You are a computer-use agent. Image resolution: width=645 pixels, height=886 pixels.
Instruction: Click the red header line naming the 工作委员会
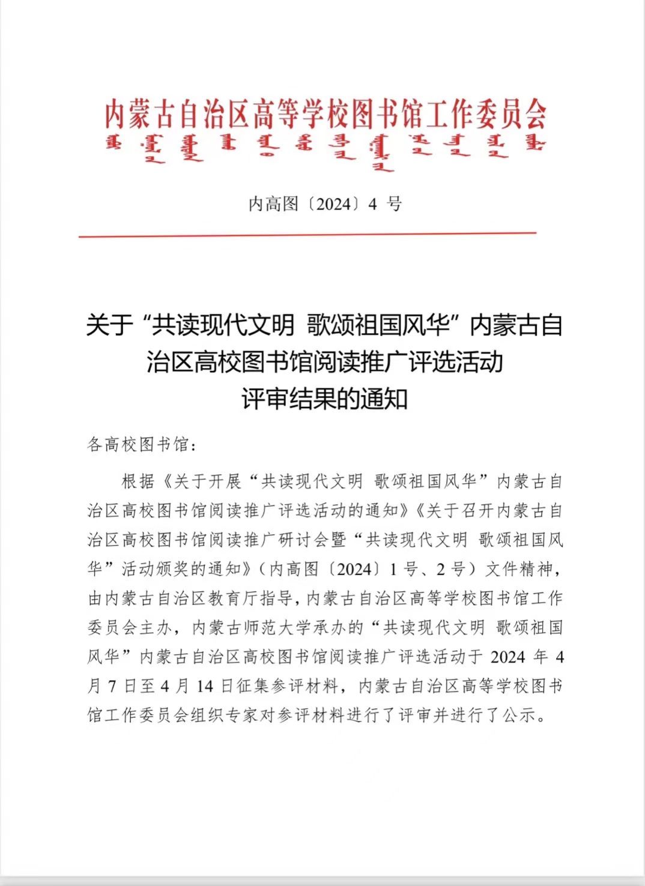[325, 114]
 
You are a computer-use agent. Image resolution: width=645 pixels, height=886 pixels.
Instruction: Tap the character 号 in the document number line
[394, 204]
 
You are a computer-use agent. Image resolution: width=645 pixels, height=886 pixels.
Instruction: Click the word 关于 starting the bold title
[109, 326]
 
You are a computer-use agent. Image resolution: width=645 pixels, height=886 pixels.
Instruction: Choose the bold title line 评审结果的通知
[324, 399]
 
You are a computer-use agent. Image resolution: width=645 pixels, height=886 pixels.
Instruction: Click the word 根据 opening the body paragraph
[139, 481]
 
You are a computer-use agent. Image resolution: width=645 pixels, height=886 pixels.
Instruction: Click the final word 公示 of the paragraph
[519, 716]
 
